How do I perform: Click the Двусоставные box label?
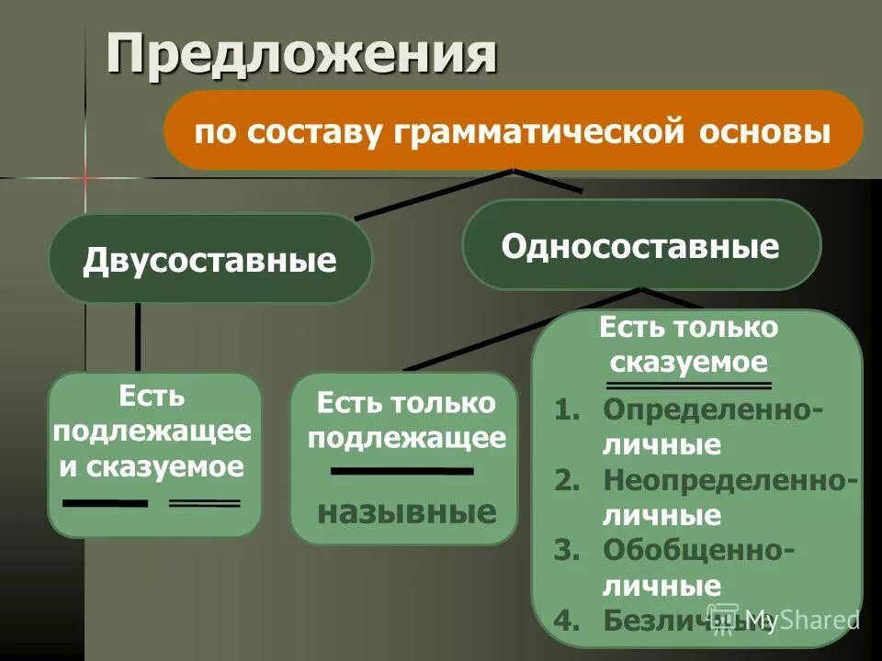(x=209, y=260)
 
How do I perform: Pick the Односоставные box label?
(x=639, y=246)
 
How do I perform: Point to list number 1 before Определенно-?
(x=569, y=409)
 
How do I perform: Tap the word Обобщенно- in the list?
(x=699, y=549)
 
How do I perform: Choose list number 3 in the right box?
(x=569, y=549)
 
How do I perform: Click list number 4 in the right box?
(x=569, y=620)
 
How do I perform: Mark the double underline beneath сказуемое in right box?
(x=689, y=386)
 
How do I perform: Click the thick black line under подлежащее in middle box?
(x=401, y=471)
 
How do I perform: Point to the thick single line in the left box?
(x=104, y=503)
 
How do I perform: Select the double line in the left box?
(x=204, y=503)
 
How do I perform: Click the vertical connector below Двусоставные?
(x=139, y=336)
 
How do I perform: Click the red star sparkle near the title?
(x=85, y=176)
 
